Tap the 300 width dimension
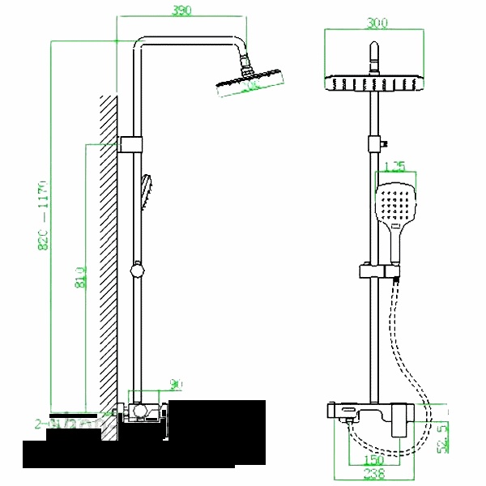(374, 24)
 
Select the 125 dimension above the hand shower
(394, 167)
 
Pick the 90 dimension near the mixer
(176, 384)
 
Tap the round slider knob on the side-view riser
(139, 266)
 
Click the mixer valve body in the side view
(144, 413)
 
